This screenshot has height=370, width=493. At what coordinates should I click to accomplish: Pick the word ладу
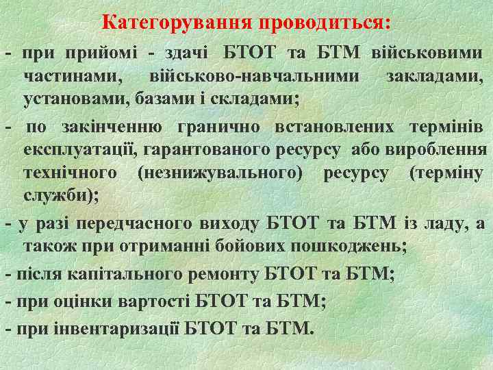(x=448, y=223)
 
